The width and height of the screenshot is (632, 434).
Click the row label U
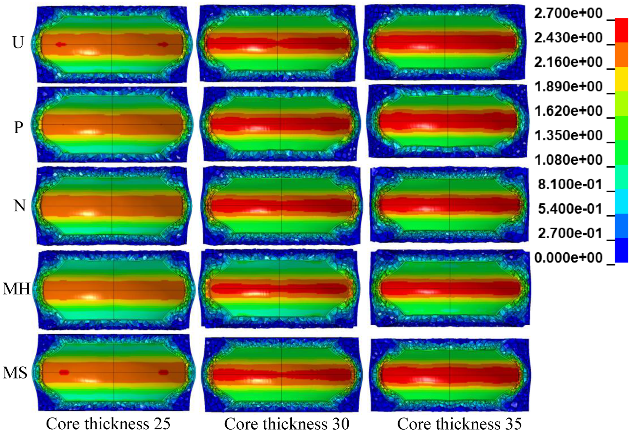pyautogui.click(x=18, y=43)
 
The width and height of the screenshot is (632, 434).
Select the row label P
pyautogui.click(x=18, y=127)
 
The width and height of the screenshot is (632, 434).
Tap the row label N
pyautogui.click(x=19, y=206)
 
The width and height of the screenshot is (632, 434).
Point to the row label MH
pyautogui.click(x=17, y=289)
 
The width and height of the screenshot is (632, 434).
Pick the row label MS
pyautogui.click(x=15, y=373)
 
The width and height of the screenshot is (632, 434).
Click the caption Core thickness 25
pyautogui.click(x=108, y=424)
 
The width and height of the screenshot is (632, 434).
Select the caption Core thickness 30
pyautogui.click(x=287, y=424)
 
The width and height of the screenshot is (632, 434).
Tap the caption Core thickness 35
pyautogui.click(x=459, y=424)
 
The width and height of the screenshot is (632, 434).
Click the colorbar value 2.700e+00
pyautogui.click(x=568, y=14)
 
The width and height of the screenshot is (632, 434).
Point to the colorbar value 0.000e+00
pyautogui.click(x=568, y=258)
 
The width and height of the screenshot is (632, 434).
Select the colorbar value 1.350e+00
pyautogui.click(x=568, y=136)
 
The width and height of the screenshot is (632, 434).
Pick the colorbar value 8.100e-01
pyautogui.click(x=571, y=185)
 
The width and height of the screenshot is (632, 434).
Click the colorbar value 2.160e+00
pyautogui.click(x=568, y=62)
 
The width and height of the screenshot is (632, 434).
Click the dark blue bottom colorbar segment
pyautogui.click(x=621, y=250)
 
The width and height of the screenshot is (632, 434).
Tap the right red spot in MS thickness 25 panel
pyautogui.click(x=163, y=372)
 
